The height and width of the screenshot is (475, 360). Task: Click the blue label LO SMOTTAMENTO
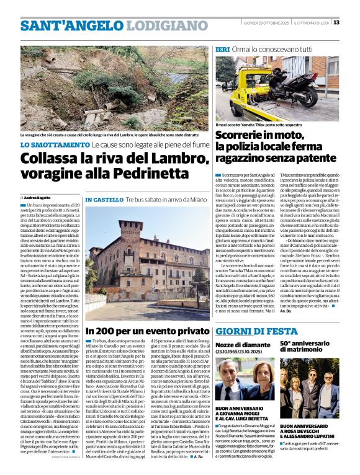click(55, 144)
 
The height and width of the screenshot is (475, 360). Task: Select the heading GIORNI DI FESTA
click(252, 331)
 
